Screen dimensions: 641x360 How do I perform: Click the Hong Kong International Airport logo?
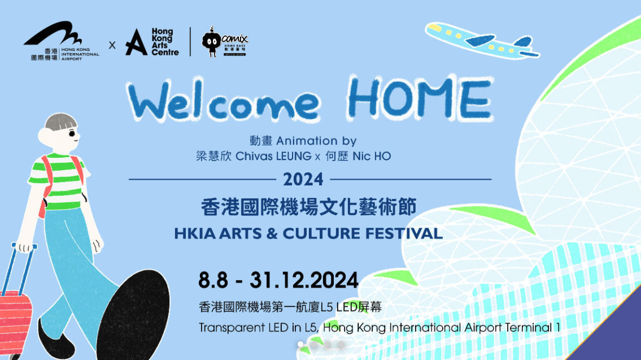pos(62,41)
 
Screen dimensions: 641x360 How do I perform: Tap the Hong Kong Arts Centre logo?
pos(152,42)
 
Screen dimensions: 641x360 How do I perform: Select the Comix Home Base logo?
pos(225,42)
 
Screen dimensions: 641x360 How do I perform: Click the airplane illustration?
pos(482,40)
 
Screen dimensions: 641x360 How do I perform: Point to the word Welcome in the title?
pos(224,101)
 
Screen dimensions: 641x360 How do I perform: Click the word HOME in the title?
pos(420,98)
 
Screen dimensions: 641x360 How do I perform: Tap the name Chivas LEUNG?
pos(273,157)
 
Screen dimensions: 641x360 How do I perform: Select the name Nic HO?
pos(372,157)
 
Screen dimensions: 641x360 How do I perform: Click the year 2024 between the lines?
pos(303,180)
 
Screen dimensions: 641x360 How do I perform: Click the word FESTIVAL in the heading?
pos(404,233)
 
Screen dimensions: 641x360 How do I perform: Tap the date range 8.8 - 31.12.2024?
pos(278,280)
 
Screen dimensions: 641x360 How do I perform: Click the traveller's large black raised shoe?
pos(133,315)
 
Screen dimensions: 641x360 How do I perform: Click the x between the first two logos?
pos(112,45)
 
